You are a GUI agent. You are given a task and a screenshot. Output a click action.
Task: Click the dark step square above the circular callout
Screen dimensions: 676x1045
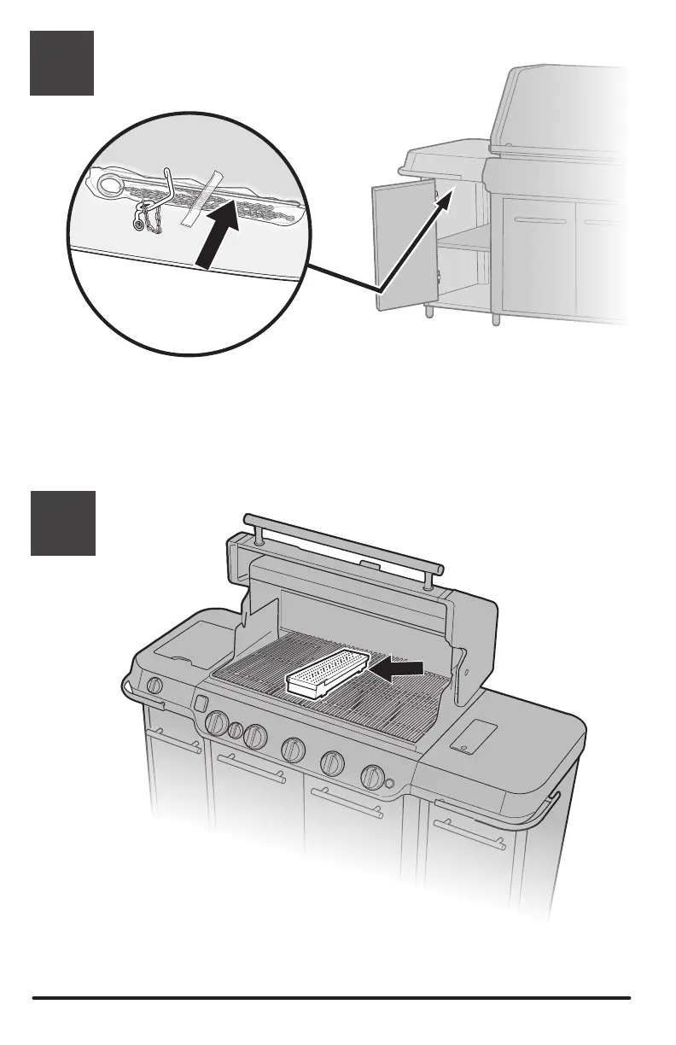click(61, 64)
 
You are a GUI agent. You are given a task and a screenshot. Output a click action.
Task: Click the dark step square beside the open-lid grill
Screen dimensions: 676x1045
click(61, 522)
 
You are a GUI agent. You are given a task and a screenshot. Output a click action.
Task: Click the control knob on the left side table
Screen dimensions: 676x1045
click(154, 685)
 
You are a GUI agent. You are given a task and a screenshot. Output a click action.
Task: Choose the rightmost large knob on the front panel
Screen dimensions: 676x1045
click(371, 776)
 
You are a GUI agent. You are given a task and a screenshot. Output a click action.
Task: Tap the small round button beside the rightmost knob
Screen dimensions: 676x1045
click(389, 784)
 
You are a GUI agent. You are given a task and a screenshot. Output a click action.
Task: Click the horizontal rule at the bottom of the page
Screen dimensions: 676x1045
click(331, 997)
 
